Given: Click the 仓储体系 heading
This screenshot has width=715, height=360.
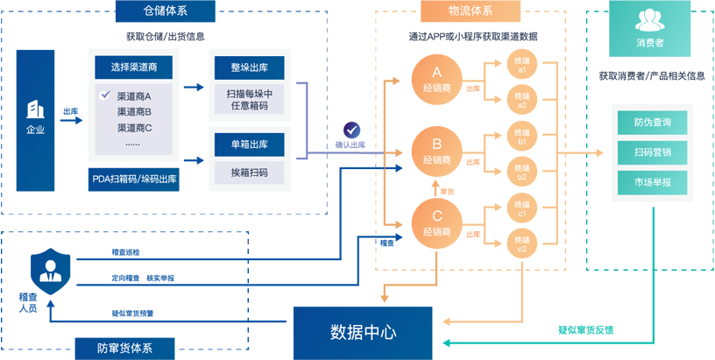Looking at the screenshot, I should pyautogui.click(x=166, y=11).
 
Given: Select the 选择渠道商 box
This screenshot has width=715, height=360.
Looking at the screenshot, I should pyautogui.click(x=133, y=67).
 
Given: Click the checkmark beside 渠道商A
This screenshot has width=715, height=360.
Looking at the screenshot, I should pyautogui.click(x=104, y=95).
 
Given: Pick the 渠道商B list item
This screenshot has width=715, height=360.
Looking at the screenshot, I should pyautogui.click(x=134, y=111).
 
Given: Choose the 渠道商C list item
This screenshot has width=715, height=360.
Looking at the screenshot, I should pyautogui.click(x=134, y=127).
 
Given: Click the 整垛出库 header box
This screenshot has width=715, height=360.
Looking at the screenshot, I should pyautogui.click(x=249, y=67).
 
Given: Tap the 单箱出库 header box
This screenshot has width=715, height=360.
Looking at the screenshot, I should pyautogui.click(x=249, y=143).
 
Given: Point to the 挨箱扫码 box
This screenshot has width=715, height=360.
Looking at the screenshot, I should pyautogui.click(x=249, y=172).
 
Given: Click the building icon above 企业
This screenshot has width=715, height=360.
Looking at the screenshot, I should pyautogui.click(x=35, y=109).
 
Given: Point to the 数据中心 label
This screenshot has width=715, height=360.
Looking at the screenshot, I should pyautogui.click(x=363, y=332).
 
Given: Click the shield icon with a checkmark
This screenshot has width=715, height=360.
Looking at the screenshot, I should pyautogui.click(x=351, y=128).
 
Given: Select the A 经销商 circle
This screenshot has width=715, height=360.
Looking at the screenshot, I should pyautogui.click(x=436, y=80).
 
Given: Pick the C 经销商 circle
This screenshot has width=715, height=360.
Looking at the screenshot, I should pyautogui.click(x=436, y=223).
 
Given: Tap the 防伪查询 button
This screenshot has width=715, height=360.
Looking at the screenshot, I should pyautogui.click(x=652, y=122).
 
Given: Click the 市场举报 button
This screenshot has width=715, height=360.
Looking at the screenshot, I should pyautogui.click(x=652, y=182).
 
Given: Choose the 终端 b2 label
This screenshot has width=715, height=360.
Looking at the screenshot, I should pyautogui.click(x=521, y=172).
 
